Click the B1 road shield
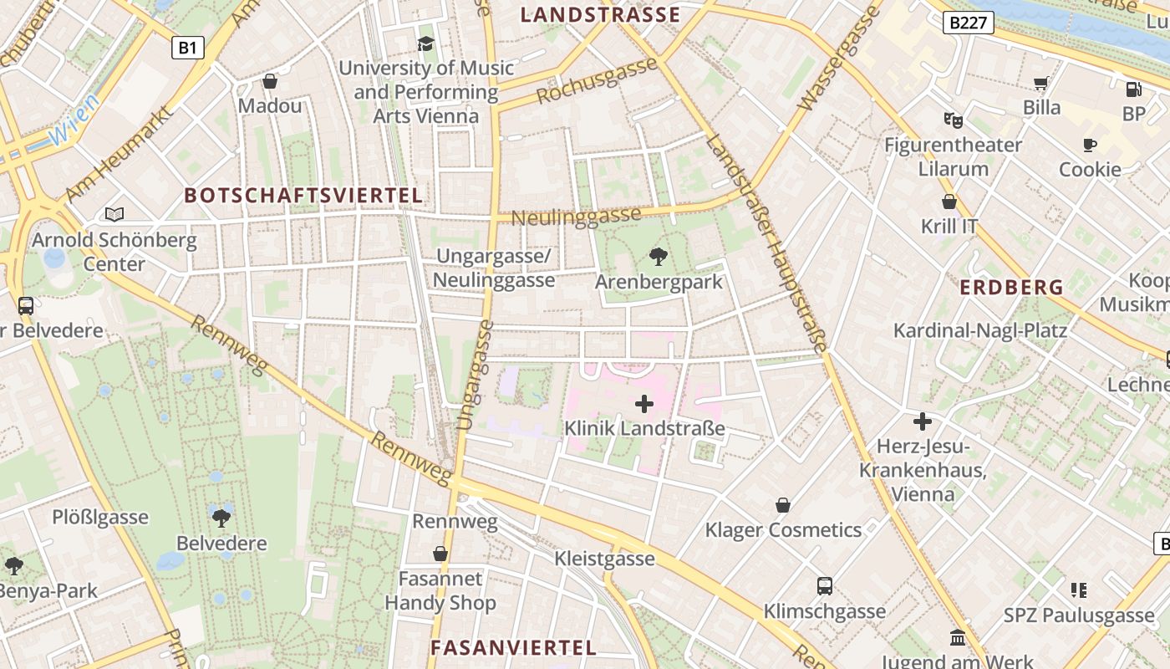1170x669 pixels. [x=187, y=48]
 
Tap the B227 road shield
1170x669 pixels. [x=969, y=23]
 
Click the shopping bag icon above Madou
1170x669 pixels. [x=270, y=81]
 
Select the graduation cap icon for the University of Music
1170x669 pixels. [x=426, y=43]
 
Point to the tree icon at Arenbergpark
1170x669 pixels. [x=659, y=257]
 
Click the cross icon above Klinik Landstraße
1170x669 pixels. [x=644, y=404]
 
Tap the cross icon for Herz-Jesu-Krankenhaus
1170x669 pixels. [x=923, y=421]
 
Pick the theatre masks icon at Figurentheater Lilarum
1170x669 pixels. [x=953, y=120]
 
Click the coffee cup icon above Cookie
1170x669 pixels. [x=1090, y=145]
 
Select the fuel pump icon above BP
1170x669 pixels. [x=1133, y=89]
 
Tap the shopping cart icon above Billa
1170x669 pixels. [x=1041, y=83]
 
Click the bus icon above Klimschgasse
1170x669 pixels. [x=825, y=586]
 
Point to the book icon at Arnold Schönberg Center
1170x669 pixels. [x=114, y=215]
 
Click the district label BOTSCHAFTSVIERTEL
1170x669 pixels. [x=303, y=196]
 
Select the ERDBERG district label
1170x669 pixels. [x=1011, y=288]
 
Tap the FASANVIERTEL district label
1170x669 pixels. [x=513, y=647]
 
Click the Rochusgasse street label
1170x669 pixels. [x=596, y=81]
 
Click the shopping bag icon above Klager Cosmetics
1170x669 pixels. [x=783, y=505]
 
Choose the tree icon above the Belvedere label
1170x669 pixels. [x=221, y=518]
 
